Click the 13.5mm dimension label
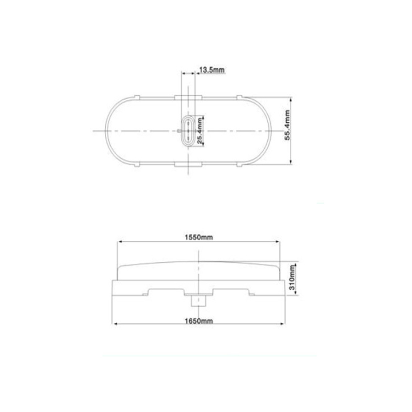[x=212, y=70]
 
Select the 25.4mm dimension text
[x=200, y=131]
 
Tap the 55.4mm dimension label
[x=287, y=125]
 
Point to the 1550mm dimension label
[x=199, y=237]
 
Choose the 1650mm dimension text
[x=199, y=321]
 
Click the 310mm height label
[x=292, y=277]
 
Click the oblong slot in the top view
[x=188, y=130]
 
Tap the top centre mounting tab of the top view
[x=188, y=98]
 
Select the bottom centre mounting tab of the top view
[x=188, y=164]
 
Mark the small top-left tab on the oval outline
[x=137, y=97]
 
